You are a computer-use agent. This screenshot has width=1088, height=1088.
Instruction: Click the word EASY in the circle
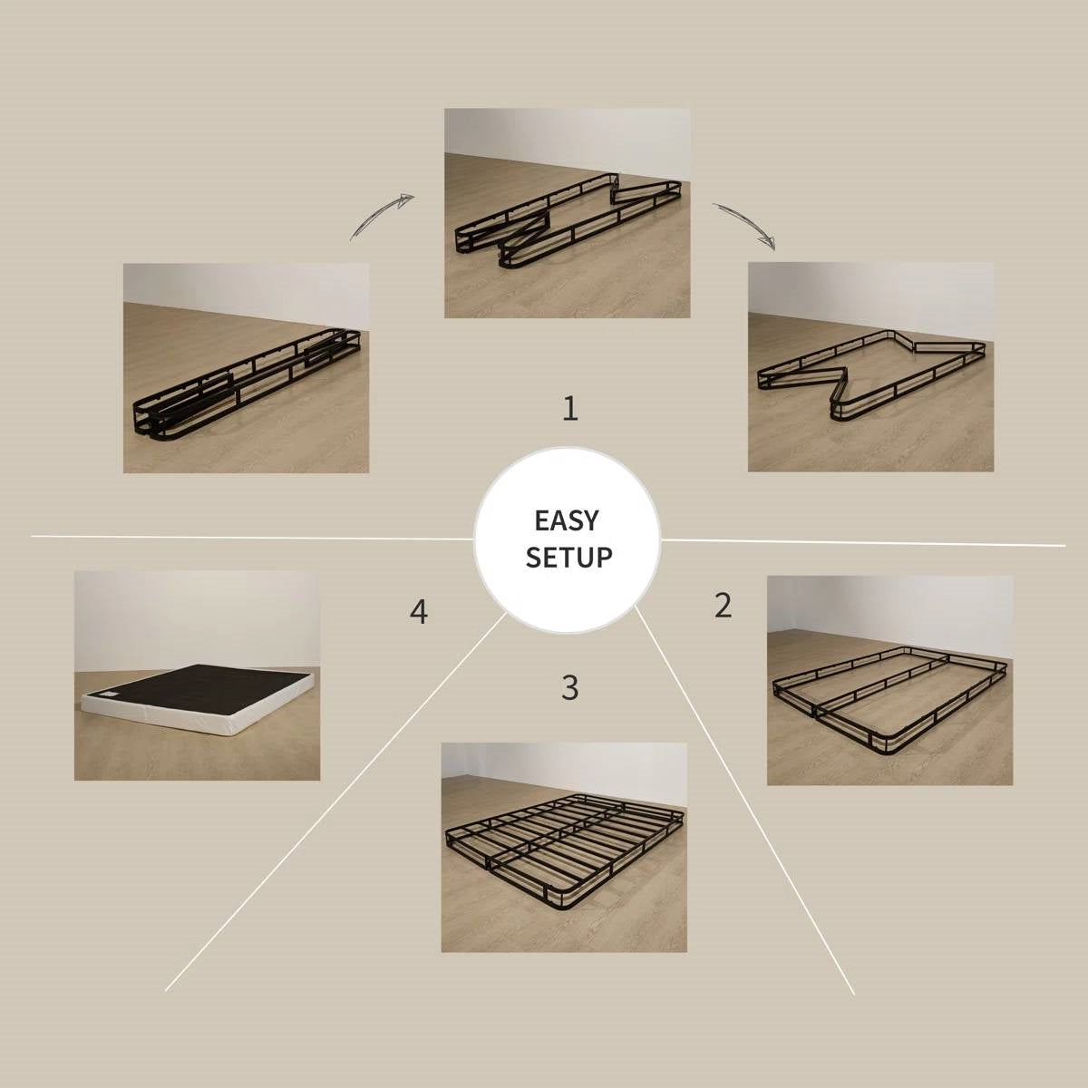tap(567, 520)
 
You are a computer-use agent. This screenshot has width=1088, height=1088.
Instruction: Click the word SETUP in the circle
tap(568, 557)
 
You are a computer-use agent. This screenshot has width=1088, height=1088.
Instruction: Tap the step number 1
tap(569, 409)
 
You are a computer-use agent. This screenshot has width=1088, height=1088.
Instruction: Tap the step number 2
tap(722, 605)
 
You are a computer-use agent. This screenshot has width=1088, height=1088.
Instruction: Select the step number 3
tap(569, 688)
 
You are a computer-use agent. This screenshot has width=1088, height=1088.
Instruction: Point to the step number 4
tap(418, 612)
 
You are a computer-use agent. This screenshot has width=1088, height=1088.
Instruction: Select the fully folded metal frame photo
tap(246, 368)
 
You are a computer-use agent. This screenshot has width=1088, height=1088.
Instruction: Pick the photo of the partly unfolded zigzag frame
tap(567, 213)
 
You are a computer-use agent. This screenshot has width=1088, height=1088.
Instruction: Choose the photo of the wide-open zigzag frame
tap(870, 367)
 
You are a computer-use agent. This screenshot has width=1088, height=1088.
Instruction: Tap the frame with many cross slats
tap(563, 848)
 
